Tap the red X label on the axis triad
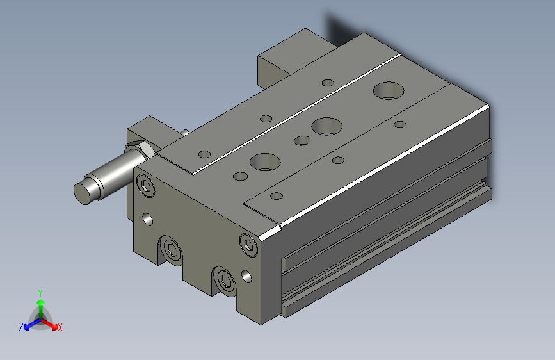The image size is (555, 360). (60, 327)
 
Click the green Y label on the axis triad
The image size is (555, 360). (40, 292)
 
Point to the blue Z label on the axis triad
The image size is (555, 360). (21, 327)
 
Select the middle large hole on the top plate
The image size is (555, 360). (326, 126)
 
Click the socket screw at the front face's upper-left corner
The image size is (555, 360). (147, 187)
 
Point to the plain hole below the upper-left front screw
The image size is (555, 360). (148, 219)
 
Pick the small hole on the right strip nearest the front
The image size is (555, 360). (277, 196)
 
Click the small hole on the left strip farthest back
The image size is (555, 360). (328, 83)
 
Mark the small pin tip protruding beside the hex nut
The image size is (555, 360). (184, 133)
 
